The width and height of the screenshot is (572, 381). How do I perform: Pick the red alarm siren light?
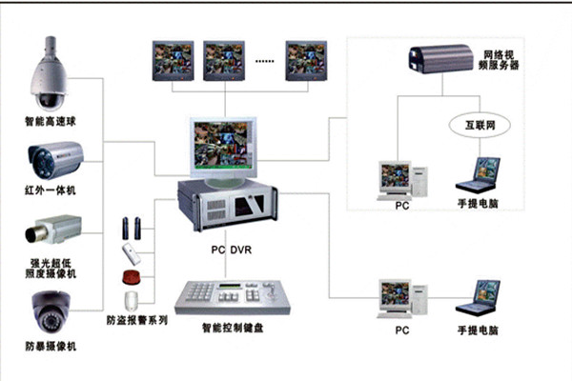(x=131, y=278)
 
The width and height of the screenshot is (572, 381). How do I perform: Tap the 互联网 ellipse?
(x=473, y=126)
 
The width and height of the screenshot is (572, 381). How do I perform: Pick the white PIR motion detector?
(x=131, y=252)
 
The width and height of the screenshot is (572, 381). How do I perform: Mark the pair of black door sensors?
(x=131, y=228)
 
